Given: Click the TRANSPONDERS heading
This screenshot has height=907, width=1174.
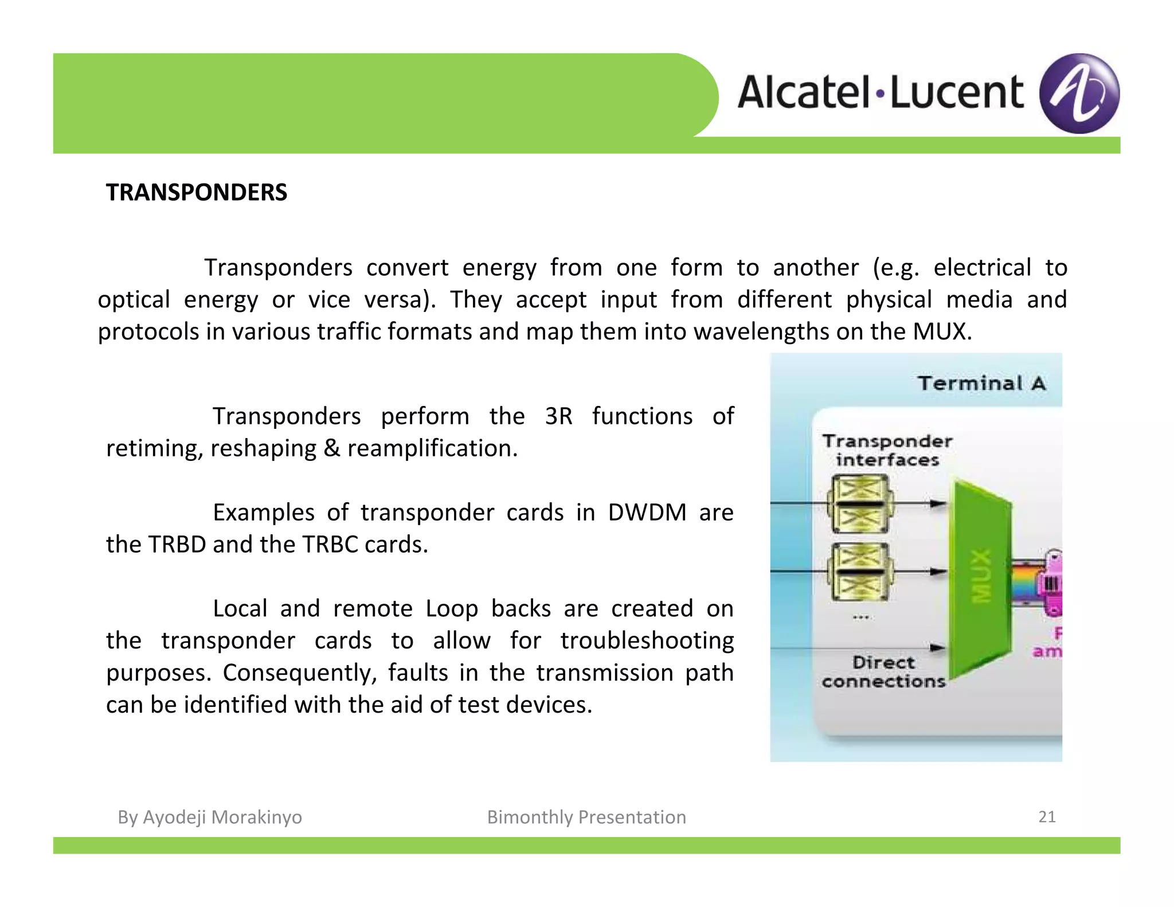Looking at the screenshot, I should coord(196,193).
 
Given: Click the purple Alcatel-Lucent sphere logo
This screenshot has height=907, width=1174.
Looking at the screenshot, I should coord(1079,93).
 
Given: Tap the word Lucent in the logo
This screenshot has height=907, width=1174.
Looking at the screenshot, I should coord(956,92).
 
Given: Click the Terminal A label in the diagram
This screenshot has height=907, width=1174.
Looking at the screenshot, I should coord(981,383).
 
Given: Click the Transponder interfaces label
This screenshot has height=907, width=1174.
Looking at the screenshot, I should coord(887,450).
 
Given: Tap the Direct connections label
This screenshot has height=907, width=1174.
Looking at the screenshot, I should coord(883,672).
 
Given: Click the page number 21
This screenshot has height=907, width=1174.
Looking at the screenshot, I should coord(1047,816).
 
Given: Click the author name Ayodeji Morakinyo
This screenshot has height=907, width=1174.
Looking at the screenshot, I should coord(222,817).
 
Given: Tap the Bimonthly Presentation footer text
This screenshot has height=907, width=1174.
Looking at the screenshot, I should coord(586,817).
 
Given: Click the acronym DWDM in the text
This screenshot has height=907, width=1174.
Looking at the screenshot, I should coord(647,512).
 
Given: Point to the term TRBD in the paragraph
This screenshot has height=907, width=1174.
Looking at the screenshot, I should coord(177,544).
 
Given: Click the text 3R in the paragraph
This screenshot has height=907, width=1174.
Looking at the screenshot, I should coord(558,416).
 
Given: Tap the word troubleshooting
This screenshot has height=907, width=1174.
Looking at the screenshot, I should coord(647,640).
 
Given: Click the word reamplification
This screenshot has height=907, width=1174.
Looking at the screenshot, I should coord(432,448).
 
